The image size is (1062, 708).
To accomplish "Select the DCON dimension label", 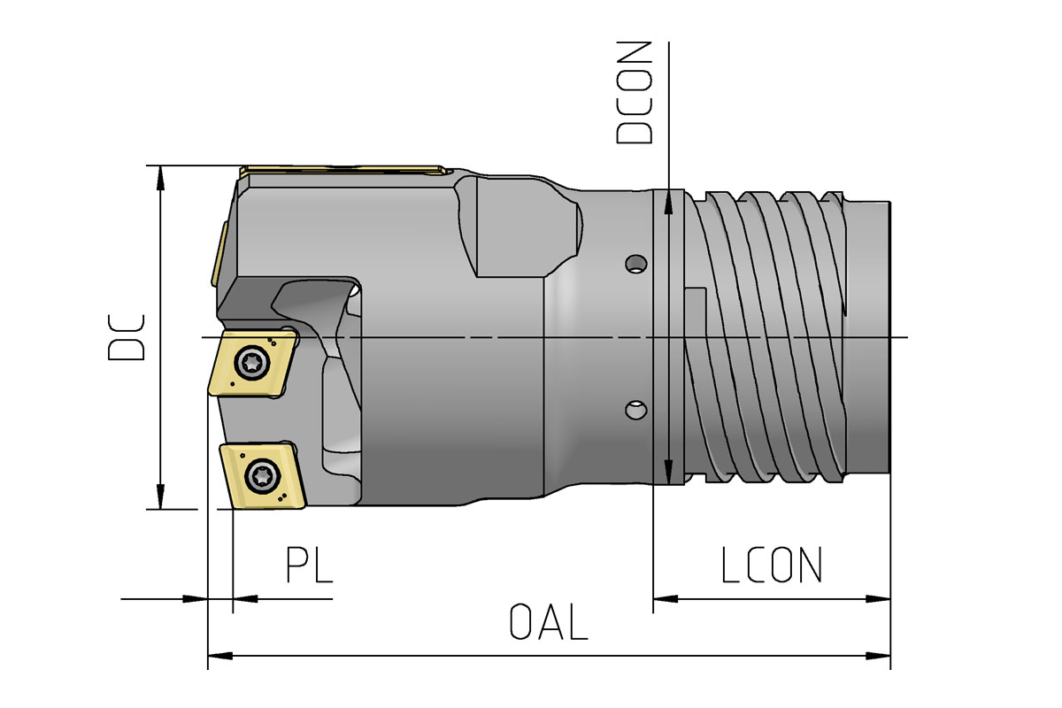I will coord(635,92).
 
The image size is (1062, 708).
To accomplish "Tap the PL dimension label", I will coord(309,566).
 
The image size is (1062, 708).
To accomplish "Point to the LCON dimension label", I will coord(772,566).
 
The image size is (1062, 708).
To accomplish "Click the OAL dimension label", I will coord(549,622).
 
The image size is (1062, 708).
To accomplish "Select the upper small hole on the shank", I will coord(634,264).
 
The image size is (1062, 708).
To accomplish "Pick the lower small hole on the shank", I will coord(634,409).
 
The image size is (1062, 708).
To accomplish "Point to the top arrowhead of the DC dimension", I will coord(160,177).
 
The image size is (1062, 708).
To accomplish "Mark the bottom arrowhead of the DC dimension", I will coord(160,497).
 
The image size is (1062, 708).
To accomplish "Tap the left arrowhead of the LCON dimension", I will coord(665,599).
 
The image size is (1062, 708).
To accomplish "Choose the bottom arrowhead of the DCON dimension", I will coord(669,473).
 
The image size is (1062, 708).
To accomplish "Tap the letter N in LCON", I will coord(810,566).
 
